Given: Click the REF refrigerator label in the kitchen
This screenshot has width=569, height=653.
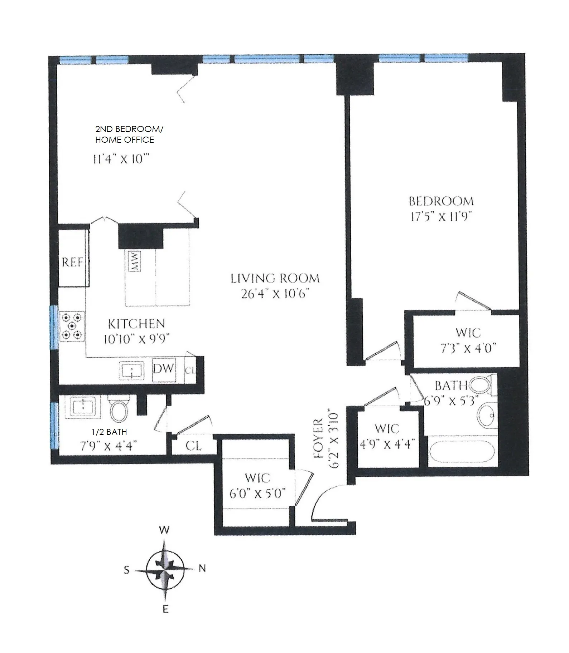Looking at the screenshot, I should [x=72, y=262].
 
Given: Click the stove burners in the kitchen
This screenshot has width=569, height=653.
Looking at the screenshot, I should [x=72, y=326].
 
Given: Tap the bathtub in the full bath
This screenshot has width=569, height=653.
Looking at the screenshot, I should [x=462, y=452].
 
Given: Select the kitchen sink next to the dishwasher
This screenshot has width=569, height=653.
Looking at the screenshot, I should [x=131, y=370].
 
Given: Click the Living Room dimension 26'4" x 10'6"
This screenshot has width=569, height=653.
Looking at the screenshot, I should [x=275, y=294].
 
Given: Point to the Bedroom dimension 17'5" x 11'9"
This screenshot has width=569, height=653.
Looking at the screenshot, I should [x=440, y=217].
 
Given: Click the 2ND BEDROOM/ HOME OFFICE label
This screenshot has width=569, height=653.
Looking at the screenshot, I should [x=129, y=134].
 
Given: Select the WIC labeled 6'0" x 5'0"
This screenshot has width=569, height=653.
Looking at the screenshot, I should [x=257, y=486].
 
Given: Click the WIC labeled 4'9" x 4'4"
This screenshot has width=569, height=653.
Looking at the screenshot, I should [x=387, y=436].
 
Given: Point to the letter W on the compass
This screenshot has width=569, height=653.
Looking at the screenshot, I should [x=164, y=530].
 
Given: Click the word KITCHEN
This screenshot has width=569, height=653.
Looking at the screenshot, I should [x=136, y=324].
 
